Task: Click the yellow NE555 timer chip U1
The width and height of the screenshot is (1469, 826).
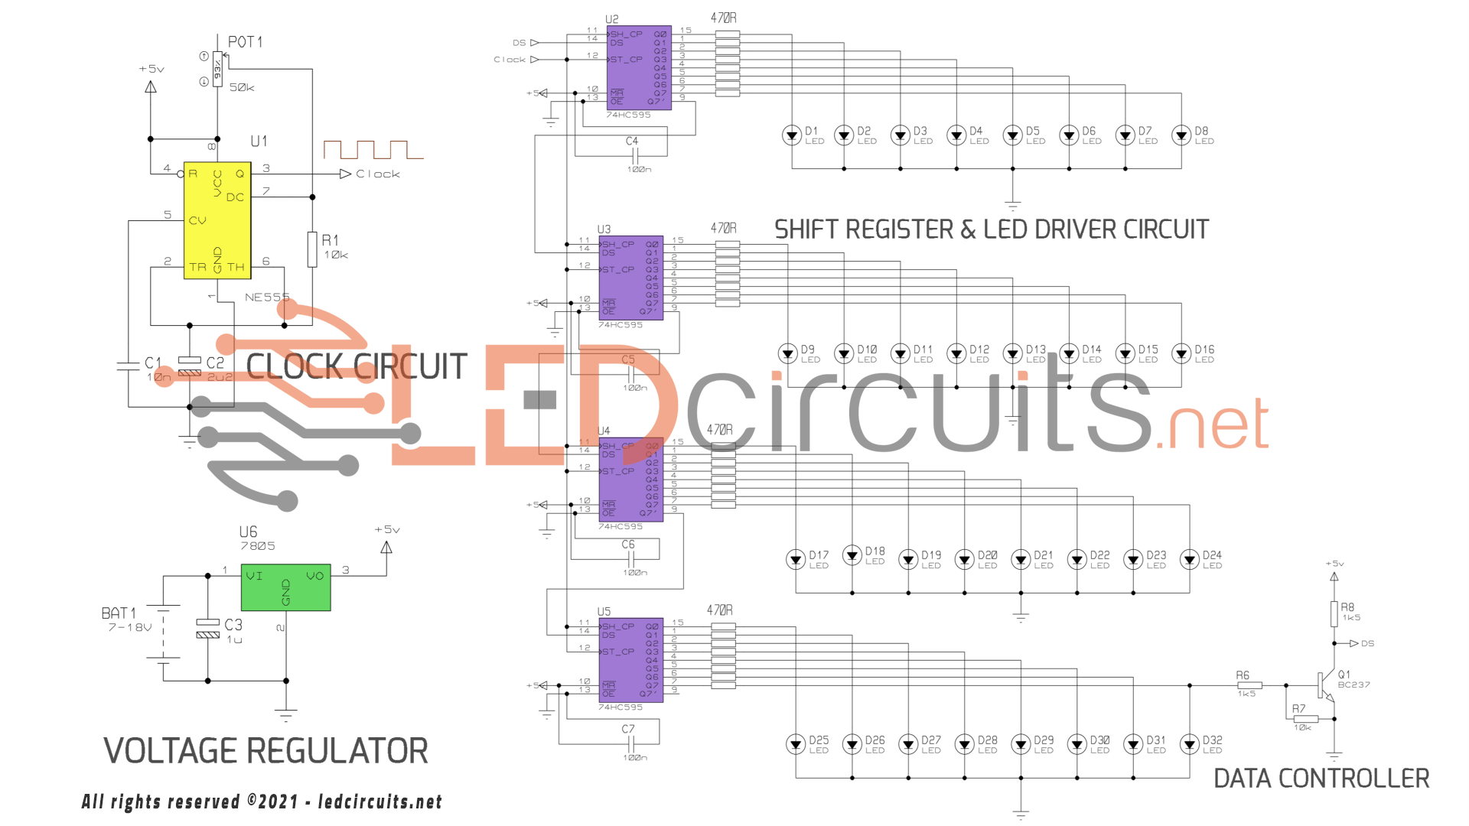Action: point(217,220)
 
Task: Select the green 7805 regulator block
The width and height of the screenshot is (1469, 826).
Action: point(285,587)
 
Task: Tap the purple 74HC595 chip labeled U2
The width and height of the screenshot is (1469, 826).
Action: point(639,68)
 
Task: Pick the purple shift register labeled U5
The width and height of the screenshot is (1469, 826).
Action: point(630,660)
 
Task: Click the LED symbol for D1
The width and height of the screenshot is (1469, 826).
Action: point(791,136)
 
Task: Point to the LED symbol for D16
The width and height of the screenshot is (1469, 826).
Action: point(1181,353)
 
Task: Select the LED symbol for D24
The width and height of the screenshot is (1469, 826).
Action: point(1189,560)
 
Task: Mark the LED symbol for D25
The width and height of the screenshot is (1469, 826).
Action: point(795,744)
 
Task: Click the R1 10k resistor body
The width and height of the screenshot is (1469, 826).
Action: point(312,249)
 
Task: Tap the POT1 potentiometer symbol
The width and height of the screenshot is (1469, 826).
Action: point(217,70)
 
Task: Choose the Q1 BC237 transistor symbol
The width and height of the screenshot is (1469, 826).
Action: point(1325,685)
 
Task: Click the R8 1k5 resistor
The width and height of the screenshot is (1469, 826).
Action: point(1334,613)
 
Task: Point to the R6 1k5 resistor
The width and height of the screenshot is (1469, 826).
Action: point(1249,685)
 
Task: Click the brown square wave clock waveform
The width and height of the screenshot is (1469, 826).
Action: point(373,149)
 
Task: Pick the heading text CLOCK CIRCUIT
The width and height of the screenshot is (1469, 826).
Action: point(357,366)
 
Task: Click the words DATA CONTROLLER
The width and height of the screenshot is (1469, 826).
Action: point(1321,779)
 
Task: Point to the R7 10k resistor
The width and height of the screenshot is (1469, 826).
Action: point(1306,719)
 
